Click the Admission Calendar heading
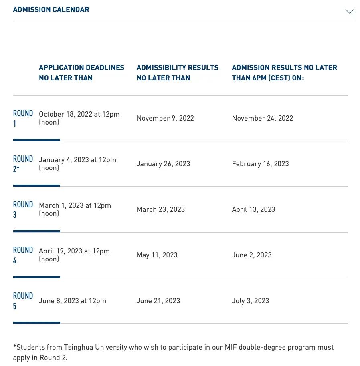click(x=51, y=10)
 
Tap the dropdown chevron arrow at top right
click(x=350, y=11)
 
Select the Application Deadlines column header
click(x=81, y=73)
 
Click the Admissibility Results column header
click(x=177, y=73)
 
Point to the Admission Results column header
click(x=284, y=73)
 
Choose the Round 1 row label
click(x=23, y=118)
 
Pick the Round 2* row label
click(x=23, y=164)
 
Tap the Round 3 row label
click(x=23, y=209)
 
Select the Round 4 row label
click(x=23, y=255)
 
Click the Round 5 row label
click(x=23, y=301)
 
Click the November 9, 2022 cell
click(x=165, y=118)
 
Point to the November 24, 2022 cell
click(x=262, y=118)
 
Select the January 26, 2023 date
click(x=163, y=164)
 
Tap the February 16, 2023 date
click(x=260, y=164)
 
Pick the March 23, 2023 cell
click(x=160, y=209)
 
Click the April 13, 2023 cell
click(x=253, y=209)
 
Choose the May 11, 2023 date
click(x=157, y=255)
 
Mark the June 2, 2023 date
click(x=252, y=255)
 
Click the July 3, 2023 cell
click(x=250, y=301)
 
